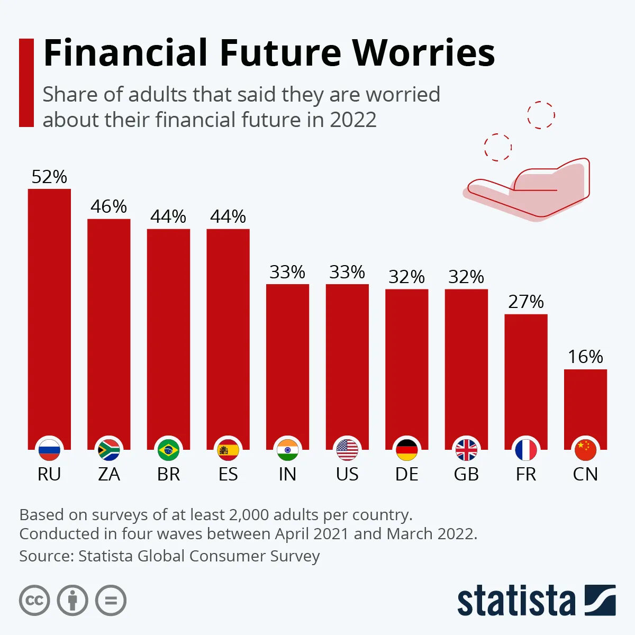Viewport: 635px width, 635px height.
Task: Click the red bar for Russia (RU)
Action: click(x=49, y=317)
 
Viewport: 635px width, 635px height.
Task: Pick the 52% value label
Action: click(x=49, y=177)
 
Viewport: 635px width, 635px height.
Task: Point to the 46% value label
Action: click(x=108, y=206)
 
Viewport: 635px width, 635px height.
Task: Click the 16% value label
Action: click(x=585, y=357)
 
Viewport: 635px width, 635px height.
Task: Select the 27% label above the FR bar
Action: click(x=526, y=302)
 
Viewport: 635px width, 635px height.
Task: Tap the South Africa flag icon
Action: click(x=109, y=450)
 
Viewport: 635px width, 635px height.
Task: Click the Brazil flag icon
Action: click(x=168, y=450)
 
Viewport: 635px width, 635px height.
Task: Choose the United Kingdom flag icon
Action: click(x=466, y=450)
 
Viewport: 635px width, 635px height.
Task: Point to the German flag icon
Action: click(x=406, y=450)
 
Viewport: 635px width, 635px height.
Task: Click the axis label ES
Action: click(x=228, y=474)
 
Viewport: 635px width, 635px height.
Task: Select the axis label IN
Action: click(x=287, y=474)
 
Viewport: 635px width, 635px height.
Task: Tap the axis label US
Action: click(x=347, y=474)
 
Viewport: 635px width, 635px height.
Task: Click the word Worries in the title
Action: click(x=423, y=53)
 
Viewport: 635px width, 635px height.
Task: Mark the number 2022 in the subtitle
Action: click(x=353, y=120)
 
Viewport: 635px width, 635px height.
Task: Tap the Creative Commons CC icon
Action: click(x=34, y=601)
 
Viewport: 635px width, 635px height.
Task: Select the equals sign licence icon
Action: click(x=111, y=601)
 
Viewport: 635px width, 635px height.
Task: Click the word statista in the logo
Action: click(x=516, y=601)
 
